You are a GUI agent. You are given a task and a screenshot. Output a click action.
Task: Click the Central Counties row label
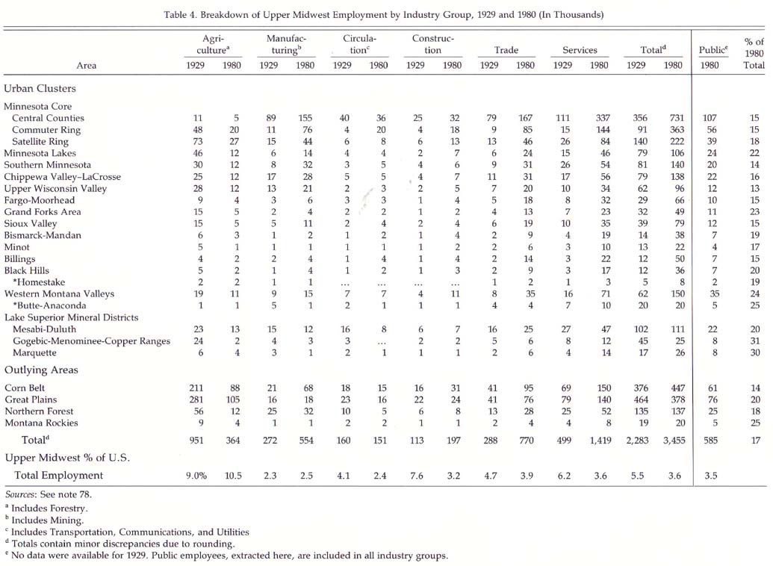pyautogui.click(x=48, y=118)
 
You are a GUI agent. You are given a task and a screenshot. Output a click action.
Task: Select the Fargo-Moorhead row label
pyautogui.click(x=40, y=200)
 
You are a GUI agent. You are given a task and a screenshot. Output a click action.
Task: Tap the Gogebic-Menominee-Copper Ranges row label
pyautogui.click(x=91, y=341)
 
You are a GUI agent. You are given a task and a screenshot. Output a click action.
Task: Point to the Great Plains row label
pyautogui.click(x=31, y=399)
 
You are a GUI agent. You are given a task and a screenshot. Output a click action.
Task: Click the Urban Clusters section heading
pyautogui.click(x=40, y=89)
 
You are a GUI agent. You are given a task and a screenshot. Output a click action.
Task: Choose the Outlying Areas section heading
pyautogui.click(x=41, y=370)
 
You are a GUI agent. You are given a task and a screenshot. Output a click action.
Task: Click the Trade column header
pyautogui.click(x=506, y=50)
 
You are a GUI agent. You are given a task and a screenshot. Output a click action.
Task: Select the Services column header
pyautogui.click(x=580, y=50)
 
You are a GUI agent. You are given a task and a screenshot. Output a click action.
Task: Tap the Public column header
pyautogui.click(x=713, y=50)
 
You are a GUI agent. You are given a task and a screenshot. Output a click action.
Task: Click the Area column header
pyautogui.click(x=87, y=66)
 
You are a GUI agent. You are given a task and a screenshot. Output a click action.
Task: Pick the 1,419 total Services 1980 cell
pyautogui.click(x=600, y=441)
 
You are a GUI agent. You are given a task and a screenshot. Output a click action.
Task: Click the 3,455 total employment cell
pyautogui.click(x=674, y=441)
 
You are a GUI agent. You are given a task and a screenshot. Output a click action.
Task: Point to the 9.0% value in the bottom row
pyautogui.click(x=196, y=476)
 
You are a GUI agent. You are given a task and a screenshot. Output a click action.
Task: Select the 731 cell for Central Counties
pyautogui.click(x=677, y=118)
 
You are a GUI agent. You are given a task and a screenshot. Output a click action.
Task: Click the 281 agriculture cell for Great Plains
pyautogui.click(x=196, y=399)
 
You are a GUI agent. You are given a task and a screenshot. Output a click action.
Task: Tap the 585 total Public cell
pyautogui.click(x=710, y=441)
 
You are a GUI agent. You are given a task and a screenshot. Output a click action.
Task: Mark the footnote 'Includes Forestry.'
pyautogui.click(x=49, y=509)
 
